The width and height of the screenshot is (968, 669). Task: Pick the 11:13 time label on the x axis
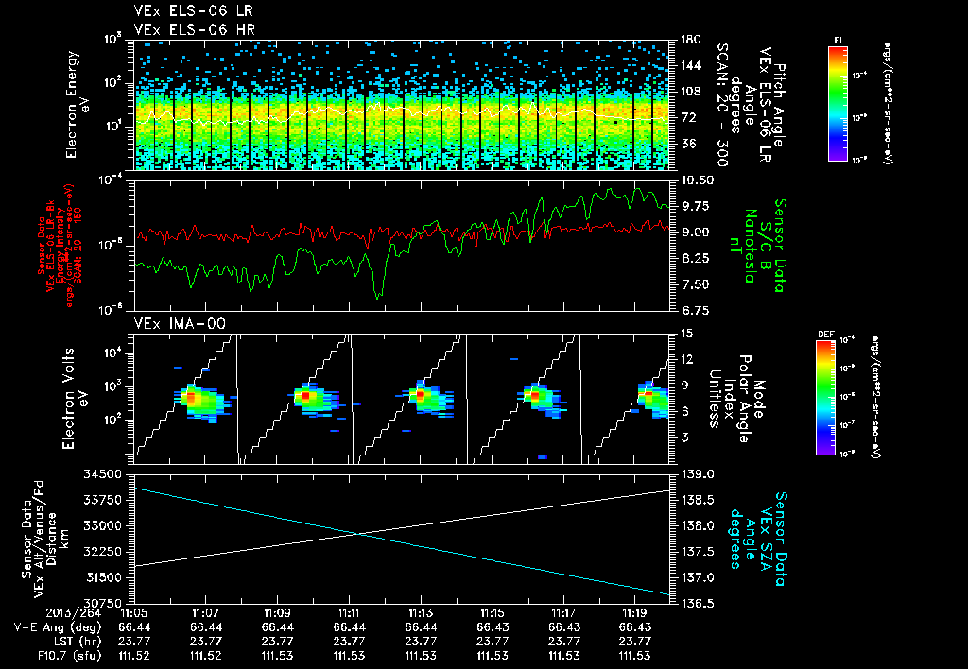(x=421, y=614)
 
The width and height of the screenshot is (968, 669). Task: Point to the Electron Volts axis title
(x=77, y=397)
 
